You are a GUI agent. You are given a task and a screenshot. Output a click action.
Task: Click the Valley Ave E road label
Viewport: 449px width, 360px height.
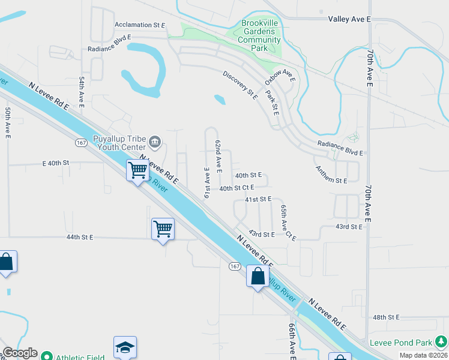point(350,19)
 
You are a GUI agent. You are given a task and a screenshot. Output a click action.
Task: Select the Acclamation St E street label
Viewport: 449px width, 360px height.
point(139,25)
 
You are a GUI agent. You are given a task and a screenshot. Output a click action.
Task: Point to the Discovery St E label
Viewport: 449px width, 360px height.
point(240,85)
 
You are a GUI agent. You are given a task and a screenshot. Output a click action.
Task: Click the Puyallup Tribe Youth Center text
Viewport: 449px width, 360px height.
point(119,143)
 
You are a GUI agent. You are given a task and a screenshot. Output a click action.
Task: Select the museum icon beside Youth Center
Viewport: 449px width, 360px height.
point(155,142)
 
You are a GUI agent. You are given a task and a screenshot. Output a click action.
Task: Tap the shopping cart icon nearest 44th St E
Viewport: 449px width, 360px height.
point(163,229)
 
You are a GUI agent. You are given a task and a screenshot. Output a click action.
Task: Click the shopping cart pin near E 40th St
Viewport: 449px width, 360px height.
point(137,170)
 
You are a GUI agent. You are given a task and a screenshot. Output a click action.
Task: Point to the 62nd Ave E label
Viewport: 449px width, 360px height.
point(219,153)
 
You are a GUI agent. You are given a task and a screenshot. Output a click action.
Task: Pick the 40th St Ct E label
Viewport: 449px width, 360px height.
point(241,188)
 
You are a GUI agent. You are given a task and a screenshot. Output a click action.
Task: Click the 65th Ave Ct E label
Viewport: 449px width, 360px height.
point(288,223)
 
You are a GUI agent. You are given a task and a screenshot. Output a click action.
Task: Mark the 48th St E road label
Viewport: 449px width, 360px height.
point(386,317)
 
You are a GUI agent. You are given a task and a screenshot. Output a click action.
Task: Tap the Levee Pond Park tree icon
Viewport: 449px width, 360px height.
point(441,343)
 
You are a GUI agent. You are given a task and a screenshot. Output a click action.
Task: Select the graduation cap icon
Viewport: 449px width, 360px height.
point(125,347)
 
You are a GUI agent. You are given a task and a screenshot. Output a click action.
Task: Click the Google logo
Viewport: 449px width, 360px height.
point(20,353)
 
